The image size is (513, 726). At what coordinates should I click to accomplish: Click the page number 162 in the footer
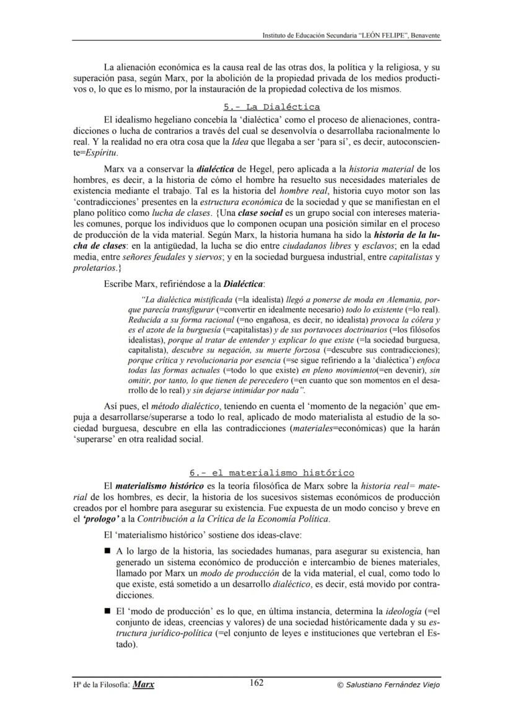[x=256, y=683]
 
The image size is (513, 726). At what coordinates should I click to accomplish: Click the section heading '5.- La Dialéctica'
[x=271, y=107]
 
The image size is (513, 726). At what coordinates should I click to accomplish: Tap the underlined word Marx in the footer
[x=144, y=684]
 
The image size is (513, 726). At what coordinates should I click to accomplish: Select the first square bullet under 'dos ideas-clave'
[x=108, y=550]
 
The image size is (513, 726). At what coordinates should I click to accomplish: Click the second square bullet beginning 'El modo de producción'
[x=108, y=611]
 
